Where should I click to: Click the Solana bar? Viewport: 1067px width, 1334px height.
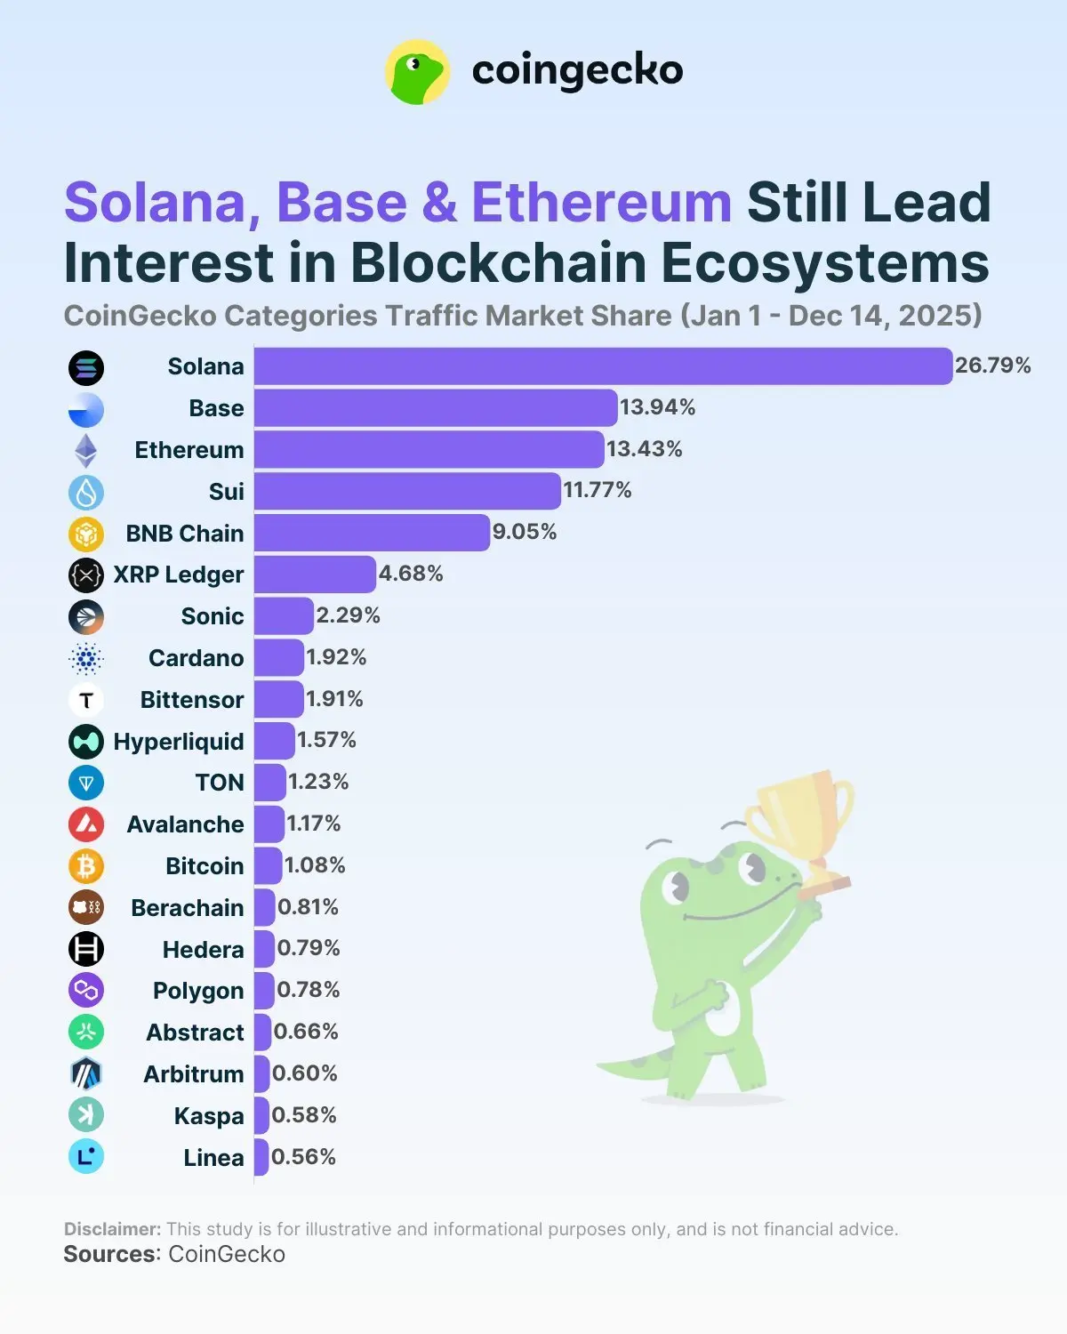(603, 366)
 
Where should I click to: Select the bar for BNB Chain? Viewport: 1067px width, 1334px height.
(372, 533)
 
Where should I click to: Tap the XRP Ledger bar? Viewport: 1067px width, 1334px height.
(315, 575)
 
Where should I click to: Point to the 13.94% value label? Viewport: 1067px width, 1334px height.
(657, 407)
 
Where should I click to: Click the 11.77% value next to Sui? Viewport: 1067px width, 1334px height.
(597, 490)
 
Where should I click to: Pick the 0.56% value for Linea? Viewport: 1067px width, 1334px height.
(303, 1157)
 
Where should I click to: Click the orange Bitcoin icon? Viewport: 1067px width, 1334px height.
(86, 866)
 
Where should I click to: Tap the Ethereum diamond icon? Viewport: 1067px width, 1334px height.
(86, 451)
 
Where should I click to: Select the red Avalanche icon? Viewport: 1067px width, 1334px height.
(86, 824)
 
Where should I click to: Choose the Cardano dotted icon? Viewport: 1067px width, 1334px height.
(86, 658)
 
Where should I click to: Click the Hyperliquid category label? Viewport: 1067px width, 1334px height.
(179, 742)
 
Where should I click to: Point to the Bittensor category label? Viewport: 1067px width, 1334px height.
(191, 700)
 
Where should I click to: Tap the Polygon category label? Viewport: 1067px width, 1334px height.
(198, 991)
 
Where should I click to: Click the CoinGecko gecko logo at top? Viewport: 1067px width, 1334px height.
(417, 72)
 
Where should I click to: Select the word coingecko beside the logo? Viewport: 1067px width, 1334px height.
(577, 71)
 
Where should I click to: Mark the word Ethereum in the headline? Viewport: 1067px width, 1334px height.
(601, 203)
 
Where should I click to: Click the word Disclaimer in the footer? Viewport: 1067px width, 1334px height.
(112, 1229)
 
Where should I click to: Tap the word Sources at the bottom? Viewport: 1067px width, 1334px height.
(109, 1255)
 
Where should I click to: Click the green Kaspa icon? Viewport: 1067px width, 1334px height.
(86, 1115)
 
